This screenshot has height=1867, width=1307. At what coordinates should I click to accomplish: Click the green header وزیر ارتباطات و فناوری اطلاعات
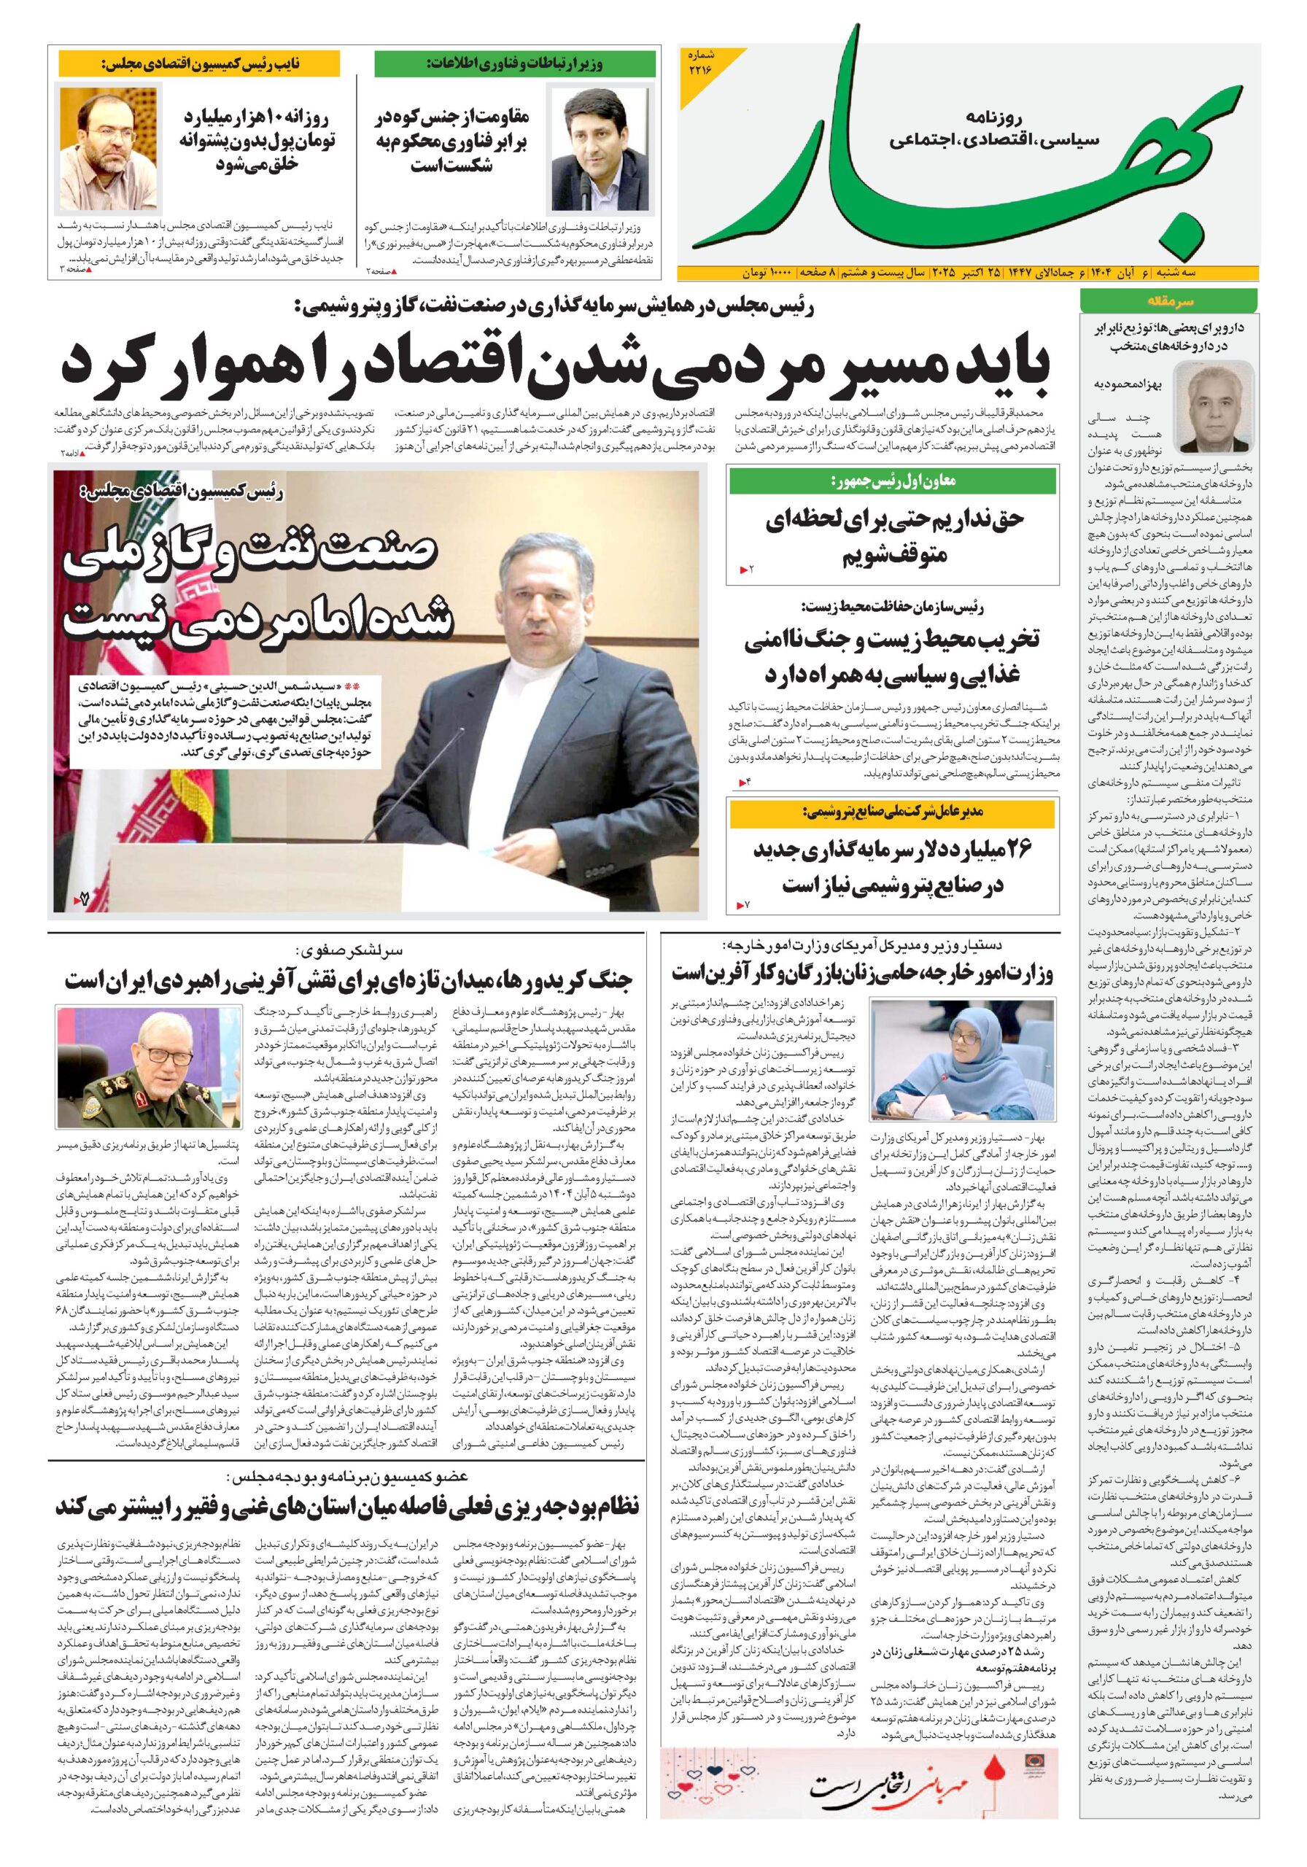coord(515,63)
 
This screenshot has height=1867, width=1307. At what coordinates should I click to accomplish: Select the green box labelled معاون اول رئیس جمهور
coord(893,481)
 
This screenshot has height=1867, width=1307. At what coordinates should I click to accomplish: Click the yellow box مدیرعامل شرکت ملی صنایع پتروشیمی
coord(893,812)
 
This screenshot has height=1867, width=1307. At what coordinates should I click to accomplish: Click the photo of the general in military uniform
coord(149,1066)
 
